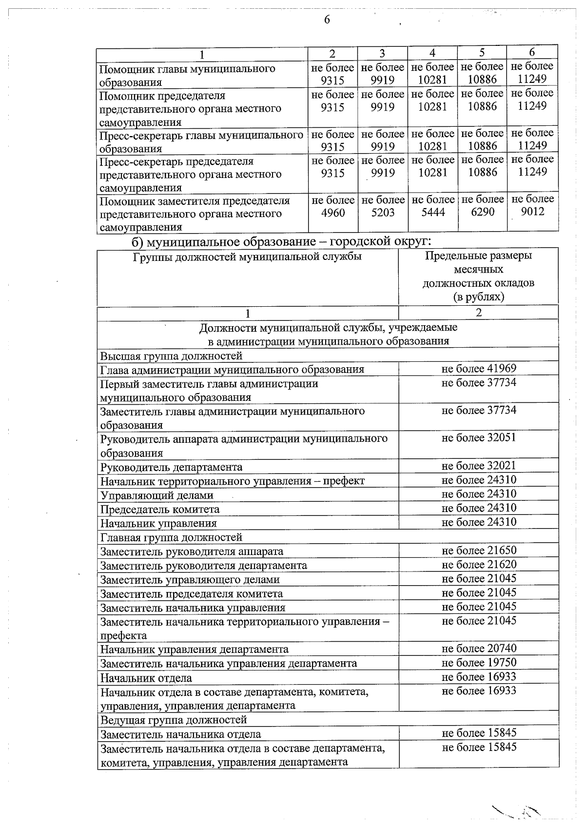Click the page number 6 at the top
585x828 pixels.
[327, 20]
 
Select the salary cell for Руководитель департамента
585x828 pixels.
[479, 466]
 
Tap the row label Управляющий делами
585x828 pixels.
[156, 495]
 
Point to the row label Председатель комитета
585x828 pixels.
[159, 510]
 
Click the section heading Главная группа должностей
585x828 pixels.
[171, 537]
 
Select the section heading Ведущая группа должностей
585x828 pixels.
[174, 720]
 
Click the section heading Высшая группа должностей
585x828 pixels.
[171, 355]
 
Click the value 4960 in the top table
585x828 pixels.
[333, 213]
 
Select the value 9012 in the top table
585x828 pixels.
[532, 212]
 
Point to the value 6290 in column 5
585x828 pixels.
[483, 212]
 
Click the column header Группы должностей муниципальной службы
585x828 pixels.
[247, 256]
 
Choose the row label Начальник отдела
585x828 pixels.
[146, 678]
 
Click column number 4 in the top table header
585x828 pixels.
[432, 53]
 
